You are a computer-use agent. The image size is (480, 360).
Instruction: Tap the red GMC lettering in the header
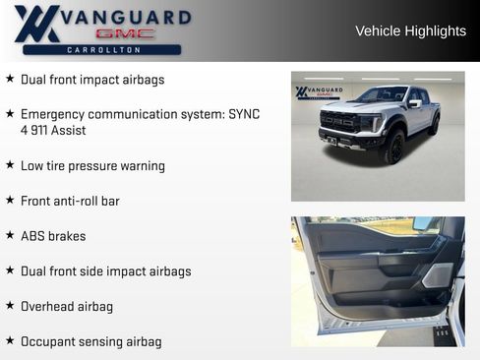(x=125, y=32)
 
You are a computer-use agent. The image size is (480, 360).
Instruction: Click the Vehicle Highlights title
(x=410, y=31)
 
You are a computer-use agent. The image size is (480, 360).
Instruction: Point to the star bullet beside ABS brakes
(x=10, y=235)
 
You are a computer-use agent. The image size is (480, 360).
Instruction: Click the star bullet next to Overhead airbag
(x=10, y=306)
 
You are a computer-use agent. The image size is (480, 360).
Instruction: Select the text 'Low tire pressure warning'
(x=92, y=166)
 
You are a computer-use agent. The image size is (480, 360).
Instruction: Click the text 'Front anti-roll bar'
(x=70, y=201)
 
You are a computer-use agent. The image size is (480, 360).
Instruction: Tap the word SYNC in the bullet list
(x=244, y=114)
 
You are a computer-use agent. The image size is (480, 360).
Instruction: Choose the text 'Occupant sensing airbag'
(x=90, y=341)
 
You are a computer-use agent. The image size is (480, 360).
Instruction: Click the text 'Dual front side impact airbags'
(x=105, y=270)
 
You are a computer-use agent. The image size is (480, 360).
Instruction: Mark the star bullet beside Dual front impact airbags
(x=10, y=79)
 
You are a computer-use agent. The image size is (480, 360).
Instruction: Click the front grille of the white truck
(x=339, y=123)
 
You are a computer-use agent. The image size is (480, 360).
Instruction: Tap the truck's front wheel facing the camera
(x=394, y=149)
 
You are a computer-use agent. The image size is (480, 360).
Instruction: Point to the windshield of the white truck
(x=381, y=96)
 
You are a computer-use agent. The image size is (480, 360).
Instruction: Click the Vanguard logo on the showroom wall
(x=319, y=92)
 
